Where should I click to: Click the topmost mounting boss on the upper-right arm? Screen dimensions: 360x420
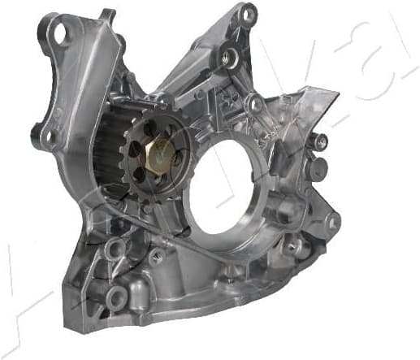248,15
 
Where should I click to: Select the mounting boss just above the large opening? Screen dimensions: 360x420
255,103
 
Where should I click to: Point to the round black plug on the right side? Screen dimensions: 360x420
319,168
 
